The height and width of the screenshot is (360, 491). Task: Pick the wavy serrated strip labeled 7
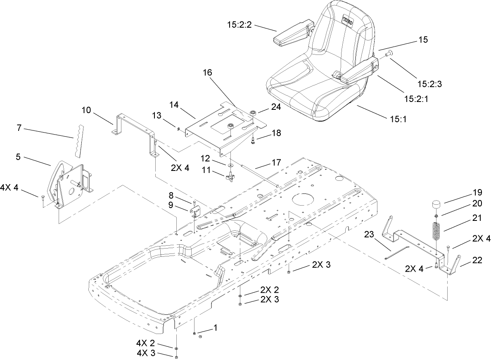tap(80, 140)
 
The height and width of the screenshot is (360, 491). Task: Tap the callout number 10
tap(86, 110)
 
